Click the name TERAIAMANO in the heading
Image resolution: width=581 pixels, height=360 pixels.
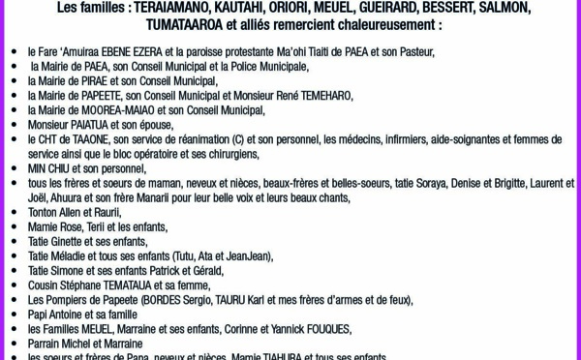(x=183, y=8)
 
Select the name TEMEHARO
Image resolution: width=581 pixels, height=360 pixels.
(x=320, y=96)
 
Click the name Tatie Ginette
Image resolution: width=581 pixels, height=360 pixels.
(x=56, y=241)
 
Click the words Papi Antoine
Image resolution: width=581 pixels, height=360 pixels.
(x=57, y=315)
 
